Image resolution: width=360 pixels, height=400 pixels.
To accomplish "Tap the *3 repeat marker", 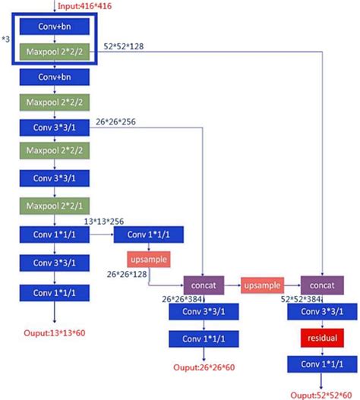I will [6, 37].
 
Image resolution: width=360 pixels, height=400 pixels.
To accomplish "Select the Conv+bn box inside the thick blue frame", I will [55, 27].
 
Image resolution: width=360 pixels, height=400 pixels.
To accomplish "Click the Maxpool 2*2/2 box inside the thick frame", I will [55, 52].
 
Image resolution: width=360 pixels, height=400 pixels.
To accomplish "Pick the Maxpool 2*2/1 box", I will [55, 206].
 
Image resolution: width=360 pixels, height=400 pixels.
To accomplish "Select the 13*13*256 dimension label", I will [104, 221].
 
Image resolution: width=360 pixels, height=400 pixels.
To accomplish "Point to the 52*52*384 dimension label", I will [302, 300].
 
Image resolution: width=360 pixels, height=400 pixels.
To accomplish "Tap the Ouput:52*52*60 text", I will [322, 394].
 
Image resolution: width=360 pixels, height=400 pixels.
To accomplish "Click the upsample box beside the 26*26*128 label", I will [148, 260].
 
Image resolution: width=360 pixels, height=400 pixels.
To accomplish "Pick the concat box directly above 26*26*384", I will [204, 285].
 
